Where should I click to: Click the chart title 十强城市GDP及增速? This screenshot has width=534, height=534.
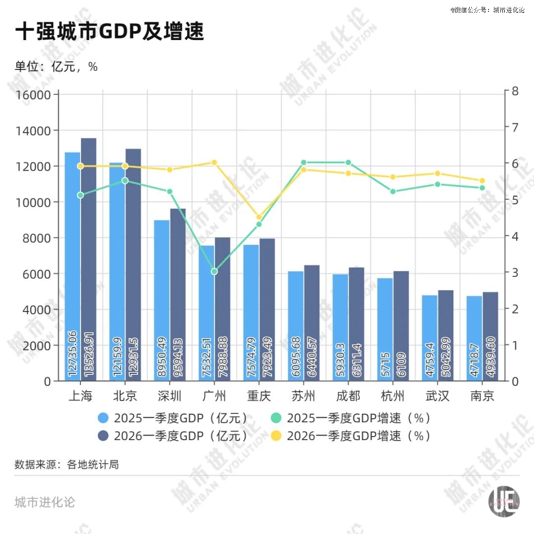[110, 32]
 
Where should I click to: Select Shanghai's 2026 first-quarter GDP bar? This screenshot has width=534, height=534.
[89, 257]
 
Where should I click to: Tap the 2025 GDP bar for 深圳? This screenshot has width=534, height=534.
[162, 297]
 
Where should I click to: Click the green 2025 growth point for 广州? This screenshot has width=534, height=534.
[214, 271]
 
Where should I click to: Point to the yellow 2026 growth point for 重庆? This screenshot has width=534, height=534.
[259, 217]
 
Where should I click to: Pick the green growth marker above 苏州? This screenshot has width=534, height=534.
[304, 162]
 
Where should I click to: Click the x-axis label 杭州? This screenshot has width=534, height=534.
[393, 396]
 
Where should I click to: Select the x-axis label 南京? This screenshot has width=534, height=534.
[482, 396]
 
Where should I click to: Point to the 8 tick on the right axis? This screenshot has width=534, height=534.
[515, 91]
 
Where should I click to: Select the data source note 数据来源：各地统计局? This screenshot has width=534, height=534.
[67, 465]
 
